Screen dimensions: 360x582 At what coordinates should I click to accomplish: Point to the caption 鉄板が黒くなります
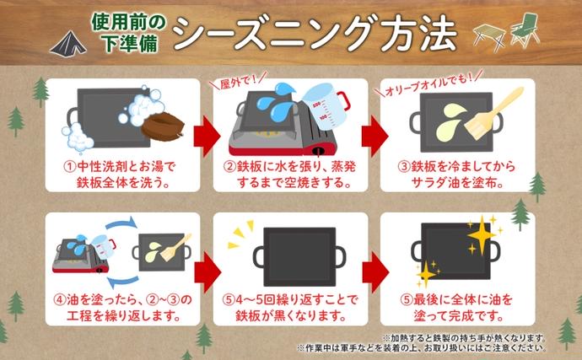(x=291, y=316)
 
